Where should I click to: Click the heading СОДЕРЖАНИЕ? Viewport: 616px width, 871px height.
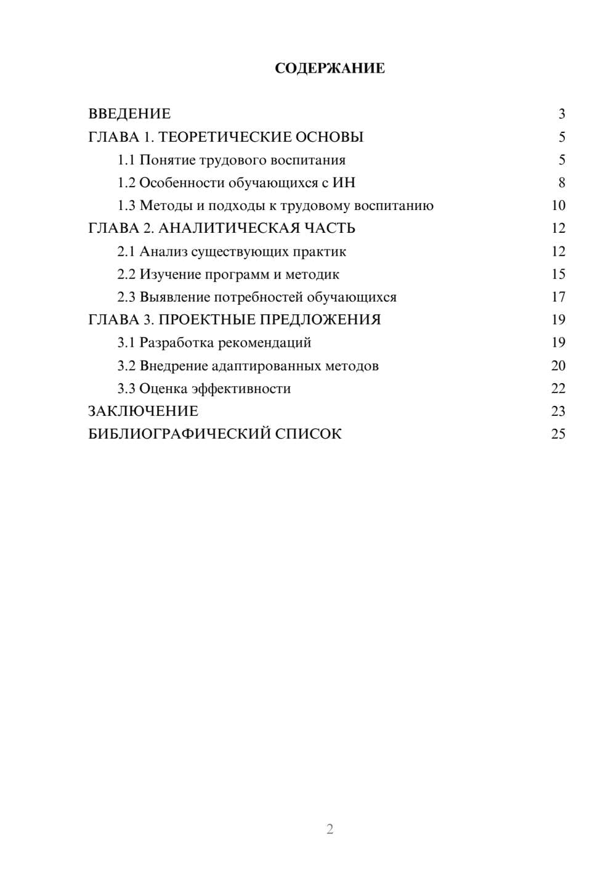(330, 68)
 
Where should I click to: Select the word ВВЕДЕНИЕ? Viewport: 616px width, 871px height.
(129, 114)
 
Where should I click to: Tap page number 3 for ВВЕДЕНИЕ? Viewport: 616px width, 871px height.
(561, 114)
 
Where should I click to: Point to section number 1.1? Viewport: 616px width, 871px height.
(126, 160)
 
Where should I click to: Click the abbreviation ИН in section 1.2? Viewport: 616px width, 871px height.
(344, 183)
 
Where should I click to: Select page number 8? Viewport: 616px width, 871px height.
(561, 183)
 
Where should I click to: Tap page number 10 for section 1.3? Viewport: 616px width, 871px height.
(558, 206)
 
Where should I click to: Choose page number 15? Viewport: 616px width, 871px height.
(558, 275)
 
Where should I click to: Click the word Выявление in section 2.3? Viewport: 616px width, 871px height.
(174, 298)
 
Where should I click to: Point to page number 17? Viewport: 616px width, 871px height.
(558, 298)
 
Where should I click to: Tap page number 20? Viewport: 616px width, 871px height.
(558, 366)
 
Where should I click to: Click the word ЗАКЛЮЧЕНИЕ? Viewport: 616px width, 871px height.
(143, 411)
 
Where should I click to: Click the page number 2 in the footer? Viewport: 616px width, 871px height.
(330, 829)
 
